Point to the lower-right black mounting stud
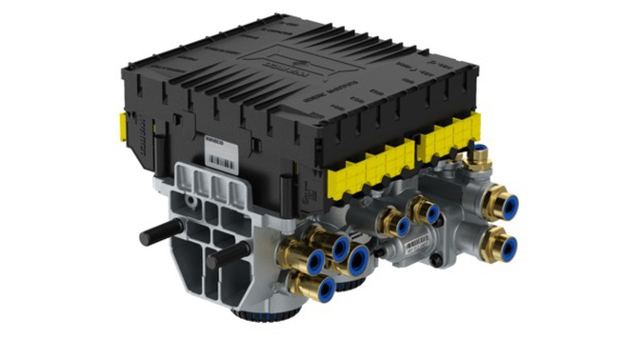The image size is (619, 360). tap(229, 252)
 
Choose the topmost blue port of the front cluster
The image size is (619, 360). tap(340, 246)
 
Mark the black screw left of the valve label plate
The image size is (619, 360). tap(380, 253)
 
